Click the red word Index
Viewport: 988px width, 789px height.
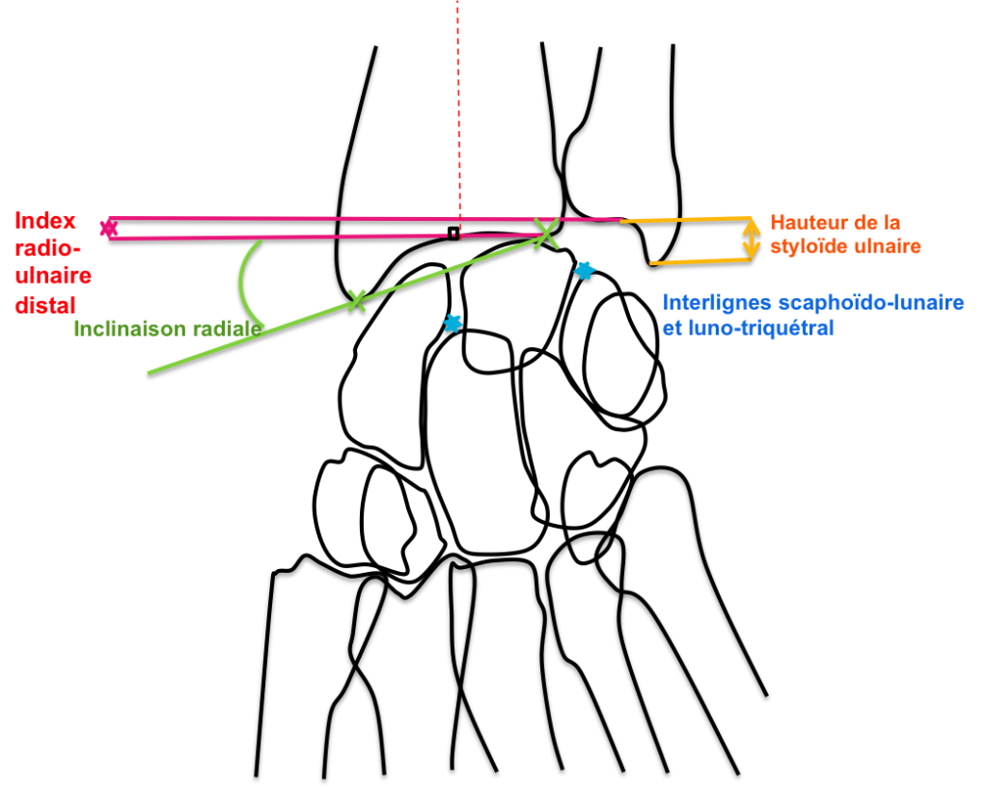[45, 221]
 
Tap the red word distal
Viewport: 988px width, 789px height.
[44, 306]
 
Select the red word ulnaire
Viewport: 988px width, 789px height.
[53, 277]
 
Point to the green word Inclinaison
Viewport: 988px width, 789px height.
[129, 329]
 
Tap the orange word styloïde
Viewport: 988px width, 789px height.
[809, 247]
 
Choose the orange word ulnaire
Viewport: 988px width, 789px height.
[886, 247]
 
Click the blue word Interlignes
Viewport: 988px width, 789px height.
[717, 303]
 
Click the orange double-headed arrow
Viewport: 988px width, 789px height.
[752, 239]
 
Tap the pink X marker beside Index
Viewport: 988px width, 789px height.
[108, 228]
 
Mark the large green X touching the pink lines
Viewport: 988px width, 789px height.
[546, 232]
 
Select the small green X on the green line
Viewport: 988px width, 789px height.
[356, 300]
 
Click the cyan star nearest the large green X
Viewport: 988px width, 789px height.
[584, 271]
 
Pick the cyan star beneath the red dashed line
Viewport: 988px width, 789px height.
[452, 323]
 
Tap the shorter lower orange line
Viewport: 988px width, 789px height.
[700, 260]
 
